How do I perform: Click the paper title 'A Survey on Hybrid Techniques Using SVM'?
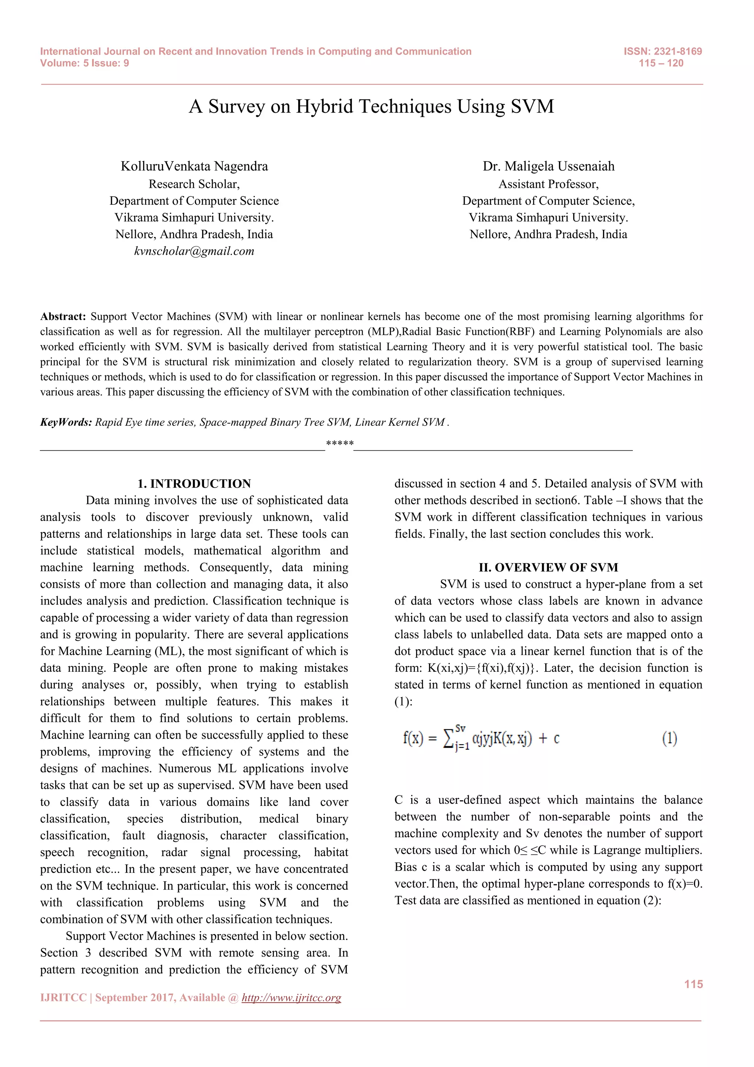pos(371,106)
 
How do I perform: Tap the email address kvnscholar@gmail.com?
pos(194,252)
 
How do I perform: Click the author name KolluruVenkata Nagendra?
pos(194,166)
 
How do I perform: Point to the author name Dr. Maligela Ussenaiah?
pos(548,166)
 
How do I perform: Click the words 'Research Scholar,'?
pos(194,184)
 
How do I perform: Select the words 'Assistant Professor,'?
pos(548,184)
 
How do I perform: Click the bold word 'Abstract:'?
pos(63,316)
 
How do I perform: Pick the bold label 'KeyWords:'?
pos(66,422)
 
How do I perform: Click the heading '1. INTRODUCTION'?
pos(194,484)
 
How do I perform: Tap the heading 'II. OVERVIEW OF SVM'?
pos(548,568)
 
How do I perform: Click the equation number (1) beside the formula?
pos(669,738)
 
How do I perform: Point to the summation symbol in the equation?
pos(448,739)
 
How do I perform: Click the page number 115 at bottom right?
pos(693,984)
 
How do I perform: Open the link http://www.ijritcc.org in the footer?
pos(291,998)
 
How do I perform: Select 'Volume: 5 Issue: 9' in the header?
pos(85,63)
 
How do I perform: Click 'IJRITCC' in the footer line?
pos(63,998)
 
